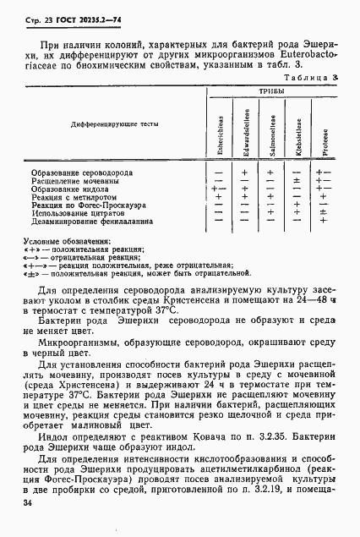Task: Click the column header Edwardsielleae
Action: tap(245, 128)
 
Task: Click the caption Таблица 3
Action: tap(316, 76)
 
